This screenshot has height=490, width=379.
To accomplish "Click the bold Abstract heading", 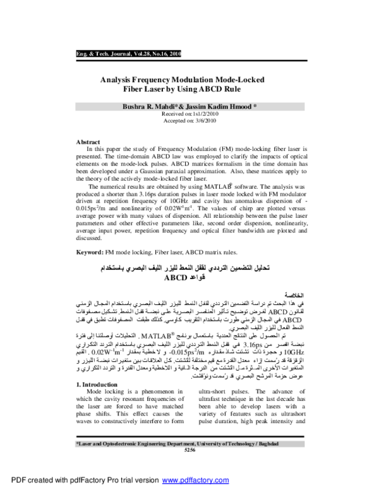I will pyautogui.click(x=88, y=142).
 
